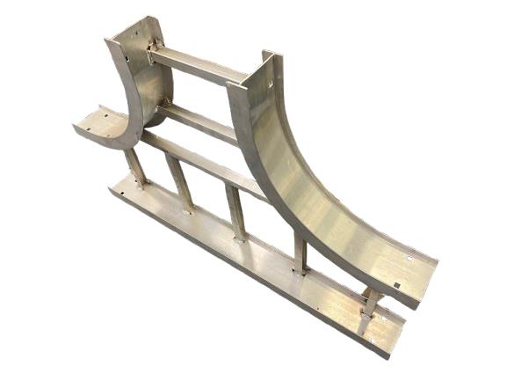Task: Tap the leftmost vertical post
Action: (x=137, y=167)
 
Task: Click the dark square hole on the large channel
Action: (x=398, y=284)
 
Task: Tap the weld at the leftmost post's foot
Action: (x=141, y=185)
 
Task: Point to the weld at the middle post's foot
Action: (x=239, y=238)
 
